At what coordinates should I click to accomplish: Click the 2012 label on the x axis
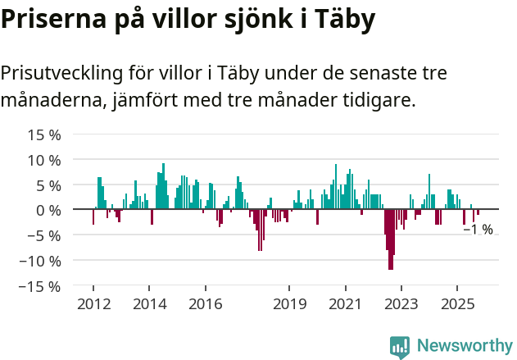click(x=93, y=304)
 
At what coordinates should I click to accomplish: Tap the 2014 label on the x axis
click(x=148, y=304)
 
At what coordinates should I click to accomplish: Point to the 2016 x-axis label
click(x=205, y=304)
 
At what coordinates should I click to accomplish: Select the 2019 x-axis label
click(x=289, y=304)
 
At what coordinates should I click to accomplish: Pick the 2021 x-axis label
click(x=345, y=304)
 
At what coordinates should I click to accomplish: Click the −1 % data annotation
click(x=478, y=230)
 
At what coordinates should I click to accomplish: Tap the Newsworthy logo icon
click(x=400, y=346)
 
